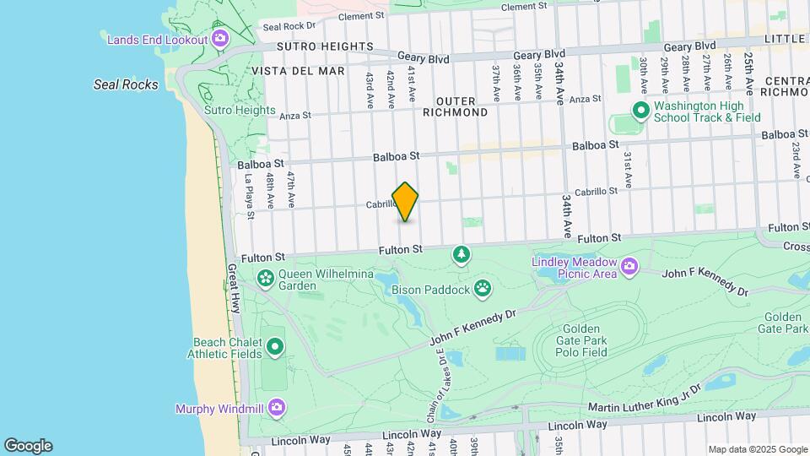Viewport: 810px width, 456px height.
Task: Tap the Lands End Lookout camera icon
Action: point(219,38)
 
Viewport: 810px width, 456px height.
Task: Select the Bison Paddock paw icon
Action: point(482,290)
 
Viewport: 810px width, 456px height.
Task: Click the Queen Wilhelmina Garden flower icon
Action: point(266,277)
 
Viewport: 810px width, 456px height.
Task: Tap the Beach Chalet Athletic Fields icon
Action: point(274,347)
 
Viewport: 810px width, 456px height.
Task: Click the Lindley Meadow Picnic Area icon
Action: point(629,268)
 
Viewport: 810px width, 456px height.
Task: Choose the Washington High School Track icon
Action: point(640,111)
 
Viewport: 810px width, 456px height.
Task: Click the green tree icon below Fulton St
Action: point(461,253)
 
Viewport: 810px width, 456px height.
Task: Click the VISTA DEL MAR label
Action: point(298,71)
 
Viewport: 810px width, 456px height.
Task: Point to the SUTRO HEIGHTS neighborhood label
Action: point(298,46)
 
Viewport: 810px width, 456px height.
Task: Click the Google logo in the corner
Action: point(28,445)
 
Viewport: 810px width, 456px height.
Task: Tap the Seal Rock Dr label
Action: point(288,25)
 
